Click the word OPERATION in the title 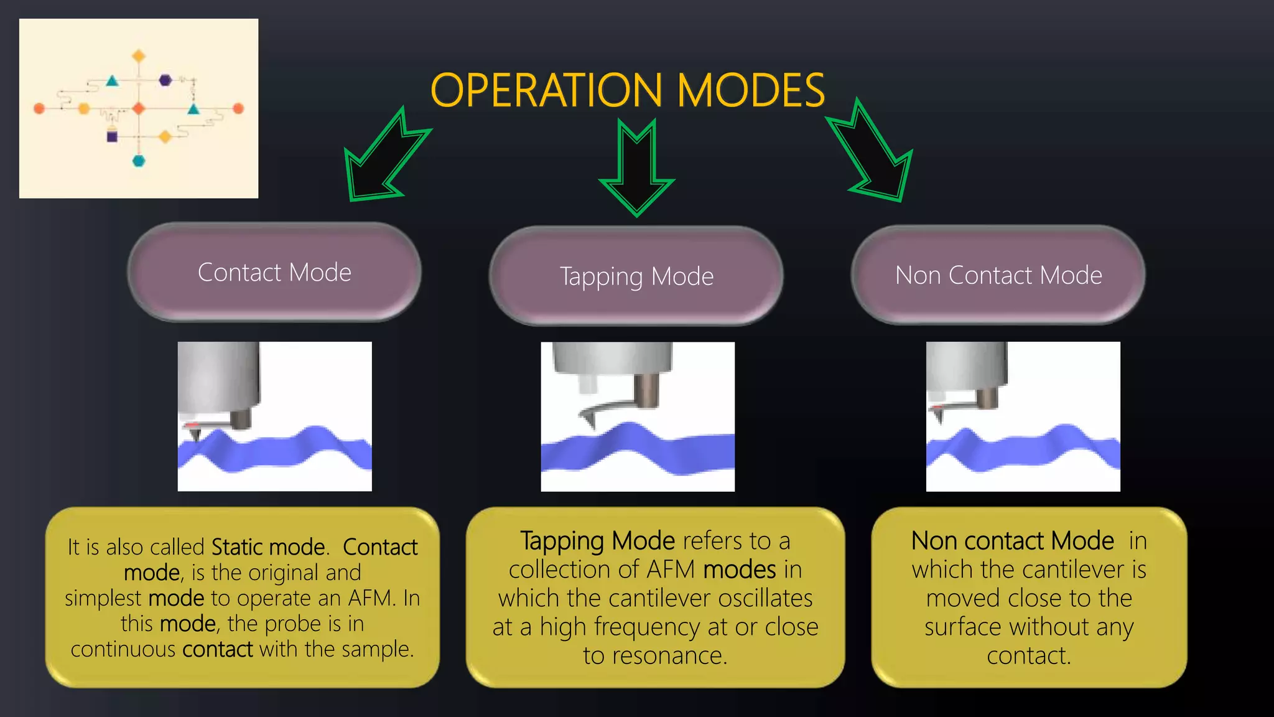pyautogui.click(x=546, y=90)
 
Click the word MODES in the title pyautogui.click(x=751, y=90)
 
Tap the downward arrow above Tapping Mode pyautogui.click(x=637, y=168)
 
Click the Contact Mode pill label pyautogui.click(x=274, y=273)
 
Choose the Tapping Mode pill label pyautogui.click(x=636, y=277)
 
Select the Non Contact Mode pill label pyautogui.click(x=998, y=275)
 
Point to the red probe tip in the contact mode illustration pyautogui.click(x=193, y=425)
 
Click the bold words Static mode pyautogui.click(x=268, y=547)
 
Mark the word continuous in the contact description pyautogui.click(x=123, y=649)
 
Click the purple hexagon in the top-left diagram pyautogui.click(x=165, y=80)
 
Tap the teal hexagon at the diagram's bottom pyautogui.click(x=139, y=161)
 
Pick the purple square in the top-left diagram pyautogui.click(x=112, y=136)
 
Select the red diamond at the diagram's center pyautogui.click(x=139, y=108)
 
